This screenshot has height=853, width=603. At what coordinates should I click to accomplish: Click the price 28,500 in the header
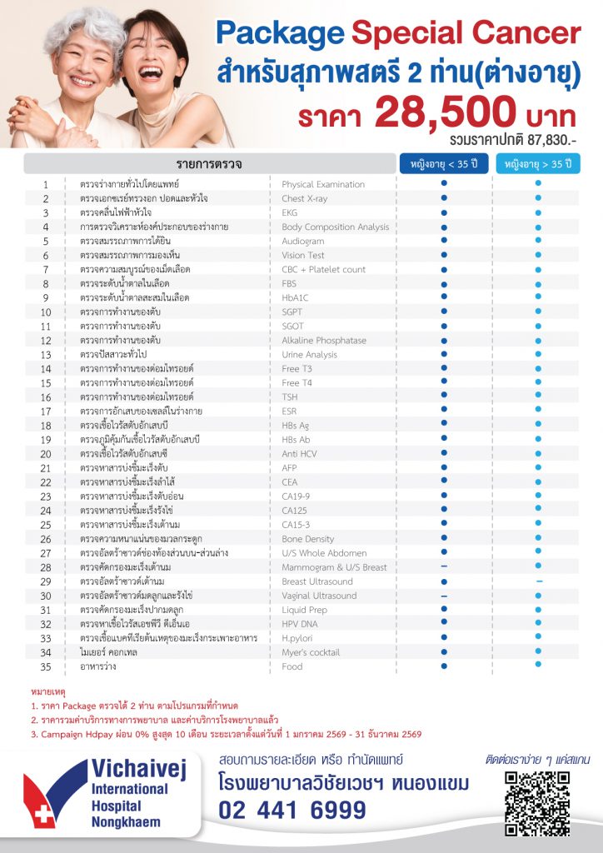[436, 112]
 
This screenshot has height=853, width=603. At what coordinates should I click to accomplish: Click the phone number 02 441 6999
[292, 811]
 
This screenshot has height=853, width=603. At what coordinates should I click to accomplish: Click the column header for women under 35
[444, 163]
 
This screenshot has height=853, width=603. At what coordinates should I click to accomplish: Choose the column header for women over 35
[538, 163]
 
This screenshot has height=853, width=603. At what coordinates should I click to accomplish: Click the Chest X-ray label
[304, 198]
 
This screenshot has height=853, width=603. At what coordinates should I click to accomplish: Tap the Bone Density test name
[308, 539]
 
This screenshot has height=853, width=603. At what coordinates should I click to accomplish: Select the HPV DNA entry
[300, 624]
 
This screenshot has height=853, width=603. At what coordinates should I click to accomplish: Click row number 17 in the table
[47, 412]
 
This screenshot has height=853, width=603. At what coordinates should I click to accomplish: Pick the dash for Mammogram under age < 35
[444, 567]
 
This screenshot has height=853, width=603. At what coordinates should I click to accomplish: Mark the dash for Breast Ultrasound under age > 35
[539, 581]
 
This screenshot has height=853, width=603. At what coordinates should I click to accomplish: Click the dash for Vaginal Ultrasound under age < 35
[444, 596]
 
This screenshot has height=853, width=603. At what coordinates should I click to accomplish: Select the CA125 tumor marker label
[295, 511]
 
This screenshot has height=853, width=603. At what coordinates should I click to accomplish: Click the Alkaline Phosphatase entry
[324, 340]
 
